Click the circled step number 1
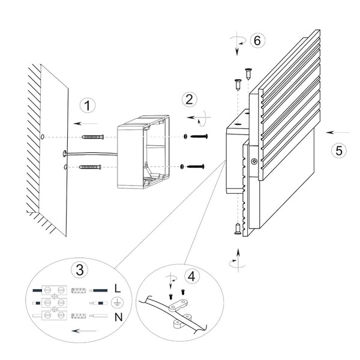[88, 106]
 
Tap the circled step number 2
[190, 100]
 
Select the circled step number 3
[80, 269]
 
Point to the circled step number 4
[192, 276]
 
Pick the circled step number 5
[339, 151]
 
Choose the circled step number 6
[257, 40]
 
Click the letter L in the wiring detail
[118, 289]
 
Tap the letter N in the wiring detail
[118, 317]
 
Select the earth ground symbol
[118, 303]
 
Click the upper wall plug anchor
[93, 137]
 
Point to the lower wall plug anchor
[90, 167]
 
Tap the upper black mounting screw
[199, 136]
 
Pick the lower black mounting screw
[196, 166]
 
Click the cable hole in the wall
[65, 154]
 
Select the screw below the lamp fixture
[238, 229]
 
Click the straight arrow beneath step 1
[86, 124]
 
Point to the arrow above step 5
[338, 133]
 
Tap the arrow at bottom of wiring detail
[84, 331]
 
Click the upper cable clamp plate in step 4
[178, 305]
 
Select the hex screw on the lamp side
[254, 161]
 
